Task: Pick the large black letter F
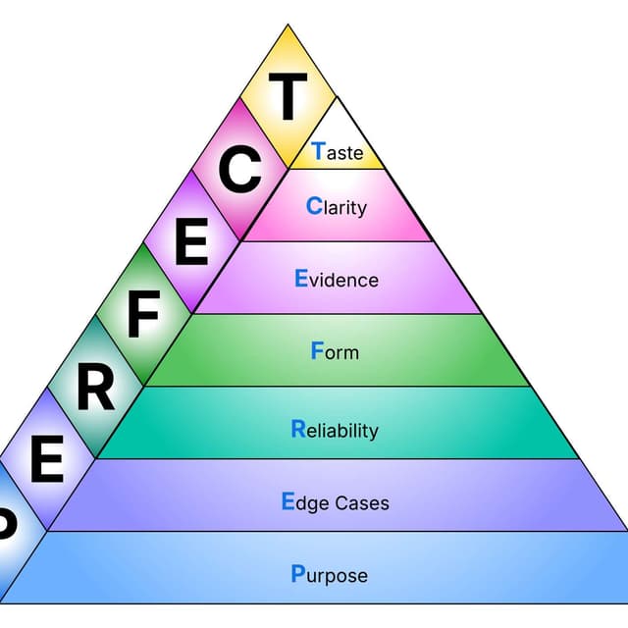pos(143,315)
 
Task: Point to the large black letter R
pos(95,388)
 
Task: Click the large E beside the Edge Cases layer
pos(46,460)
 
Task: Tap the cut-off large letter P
pos(5,526)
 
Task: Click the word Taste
pos(337,152)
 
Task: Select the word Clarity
pos(337,207)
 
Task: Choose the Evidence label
pos(337,280)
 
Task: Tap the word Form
pos(335,351)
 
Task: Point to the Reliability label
pos(335,430)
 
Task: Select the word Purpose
pos(330,575)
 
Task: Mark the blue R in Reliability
pos(298,429)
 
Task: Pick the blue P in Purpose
pos(298,573)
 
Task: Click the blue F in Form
pos(317,350)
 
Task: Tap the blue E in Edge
pos(288,501)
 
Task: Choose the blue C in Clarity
pos(314,206)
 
